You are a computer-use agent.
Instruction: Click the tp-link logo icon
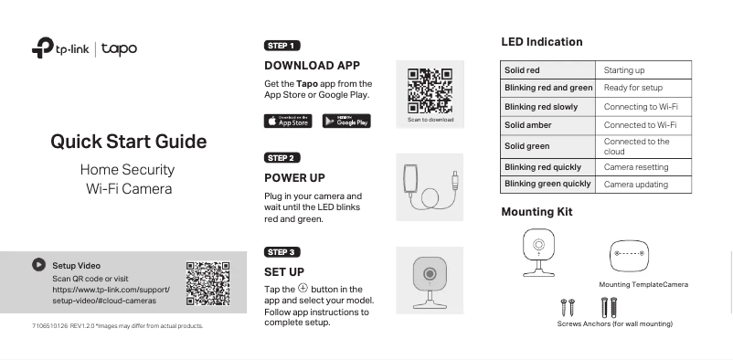coord(41,48)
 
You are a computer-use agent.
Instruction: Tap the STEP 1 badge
coord(282,45)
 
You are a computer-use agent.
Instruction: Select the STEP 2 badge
coord(282,158)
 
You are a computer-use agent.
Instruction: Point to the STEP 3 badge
coord(282,251)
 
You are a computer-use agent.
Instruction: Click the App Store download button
coord(289,121)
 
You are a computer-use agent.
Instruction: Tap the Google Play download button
coord(346,121)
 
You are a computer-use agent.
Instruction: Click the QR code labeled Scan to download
coord(430,90)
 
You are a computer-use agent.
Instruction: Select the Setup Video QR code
coord(207,283)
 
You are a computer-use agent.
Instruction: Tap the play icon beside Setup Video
coord(38,264)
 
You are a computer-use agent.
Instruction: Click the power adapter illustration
coord(429,187)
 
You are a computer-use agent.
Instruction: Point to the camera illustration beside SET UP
coord(429,279)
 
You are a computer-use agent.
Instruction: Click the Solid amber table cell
coord(547,124)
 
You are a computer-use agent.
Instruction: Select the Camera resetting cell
coord(645,167)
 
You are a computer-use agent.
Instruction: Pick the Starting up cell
coord(645,70)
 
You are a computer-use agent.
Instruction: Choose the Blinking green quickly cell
coord(547,184)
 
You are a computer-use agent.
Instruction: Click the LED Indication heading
coord(541,42)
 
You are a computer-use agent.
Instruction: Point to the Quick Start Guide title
coord(128,142)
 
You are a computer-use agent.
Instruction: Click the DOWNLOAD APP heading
coord(312,66)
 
